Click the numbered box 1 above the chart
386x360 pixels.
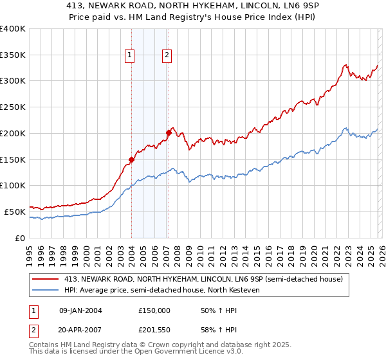tap(130, 56)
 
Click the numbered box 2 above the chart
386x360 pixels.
tap(167, 56)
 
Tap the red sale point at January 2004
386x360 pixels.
tap(131, 159)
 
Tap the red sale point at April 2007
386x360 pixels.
tap(169, 132)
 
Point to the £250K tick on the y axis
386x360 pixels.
tap(13, 107)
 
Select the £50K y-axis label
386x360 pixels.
tap(15, 212)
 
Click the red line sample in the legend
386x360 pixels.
tap(46, 279)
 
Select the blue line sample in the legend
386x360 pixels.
tap(46, 290)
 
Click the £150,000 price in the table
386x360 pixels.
tap(154, 310)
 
